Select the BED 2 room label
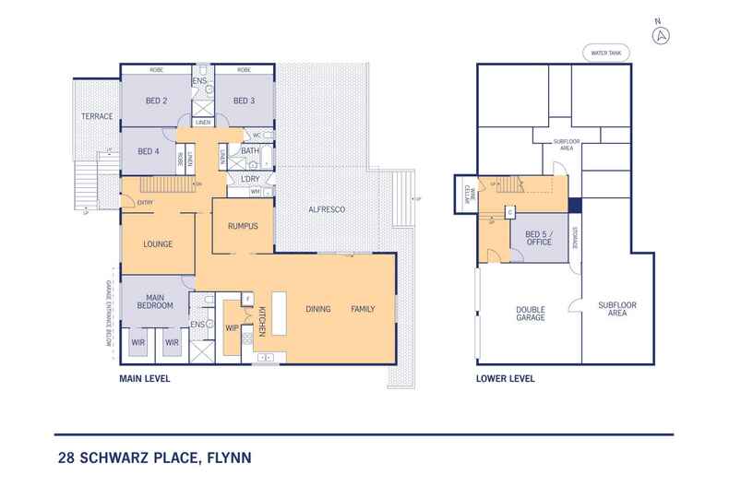(x=156, y=101)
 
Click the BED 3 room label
(x=243, y=101)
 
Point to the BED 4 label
(x=149, y=152)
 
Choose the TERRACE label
(x=97, y=117)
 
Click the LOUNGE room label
(x=160, y=244)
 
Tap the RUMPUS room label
(x=242, y=227)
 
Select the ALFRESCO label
(x=327, y=211)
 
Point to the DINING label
(x=319, y=309)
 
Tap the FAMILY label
(x=363, y=309)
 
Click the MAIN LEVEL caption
(x=144, y=379)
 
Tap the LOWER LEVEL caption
(x=504, y=379)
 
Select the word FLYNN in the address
(x=226, y=456)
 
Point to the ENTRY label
(x=145, y=203)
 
